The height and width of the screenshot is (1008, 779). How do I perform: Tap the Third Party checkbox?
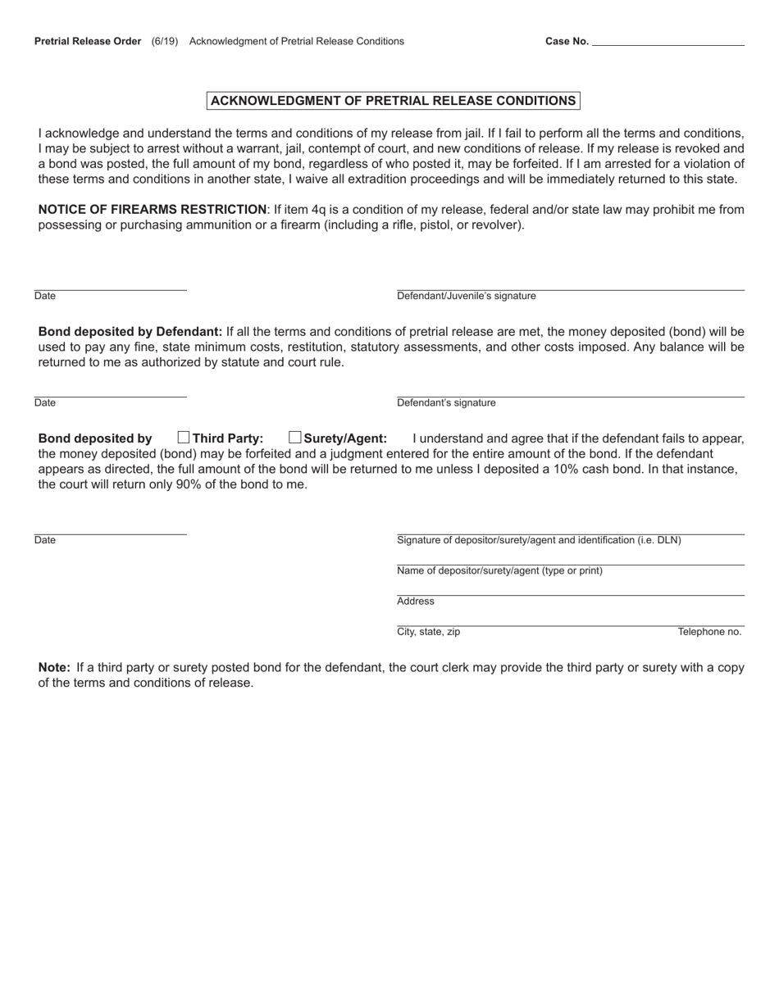[184, 438]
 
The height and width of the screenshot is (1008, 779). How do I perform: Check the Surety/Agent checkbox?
[295, 438]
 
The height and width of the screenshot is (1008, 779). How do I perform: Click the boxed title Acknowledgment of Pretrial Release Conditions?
[393, 101]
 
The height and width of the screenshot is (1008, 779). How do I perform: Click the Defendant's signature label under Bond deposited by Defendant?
[446, 403]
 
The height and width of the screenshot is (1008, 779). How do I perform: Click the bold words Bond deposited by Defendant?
[130, 332]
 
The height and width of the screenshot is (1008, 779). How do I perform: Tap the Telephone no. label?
[709, 632]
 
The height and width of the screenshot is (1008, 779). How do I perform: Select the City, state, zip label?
[428, 632]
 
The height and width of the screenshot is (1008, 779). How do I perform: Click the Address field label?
[415, 602]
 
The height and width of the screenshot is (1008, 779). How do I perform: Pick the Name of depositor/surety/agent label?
[499, 571]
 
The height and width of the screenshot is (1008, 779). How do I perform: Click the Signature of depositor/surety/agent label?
[539, 540]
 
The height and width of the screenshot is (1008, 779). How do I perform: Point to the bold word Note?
[54, 668]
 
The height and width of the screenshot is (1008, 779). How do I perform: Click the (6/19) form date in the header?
[165, 41]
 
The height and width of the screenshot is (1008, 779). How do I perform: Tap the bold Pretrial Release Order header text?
[88, 41]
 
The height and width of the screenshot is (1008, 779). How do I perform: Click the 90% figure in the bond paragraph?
[189, 484]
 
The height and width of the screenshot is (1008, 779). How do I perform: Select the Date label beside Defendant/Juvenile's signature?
[45, 296]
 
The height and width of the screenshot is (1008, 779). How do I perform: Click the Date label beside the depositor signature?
[45, 540]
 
